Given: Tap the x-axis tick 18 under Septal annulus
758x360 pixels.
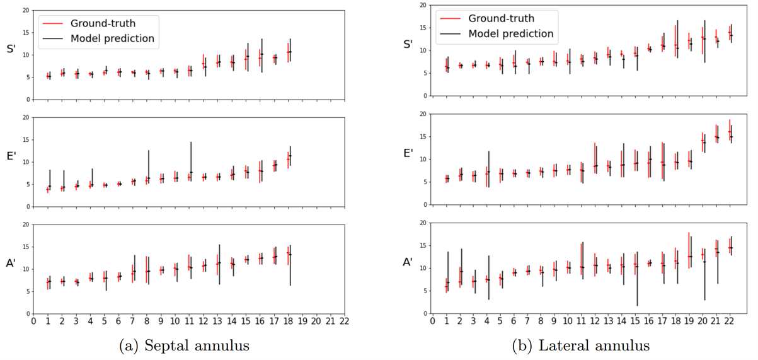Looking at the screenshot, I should (289, 322).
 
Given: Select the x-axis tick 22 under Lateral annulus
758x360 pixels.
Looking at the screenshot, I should (730, 322).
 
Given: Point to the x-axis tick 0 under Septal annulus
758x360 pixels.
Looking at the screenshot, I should (33, 322).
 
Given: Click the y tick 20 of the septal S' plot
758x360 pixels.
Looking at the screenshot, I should (26, 11).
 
